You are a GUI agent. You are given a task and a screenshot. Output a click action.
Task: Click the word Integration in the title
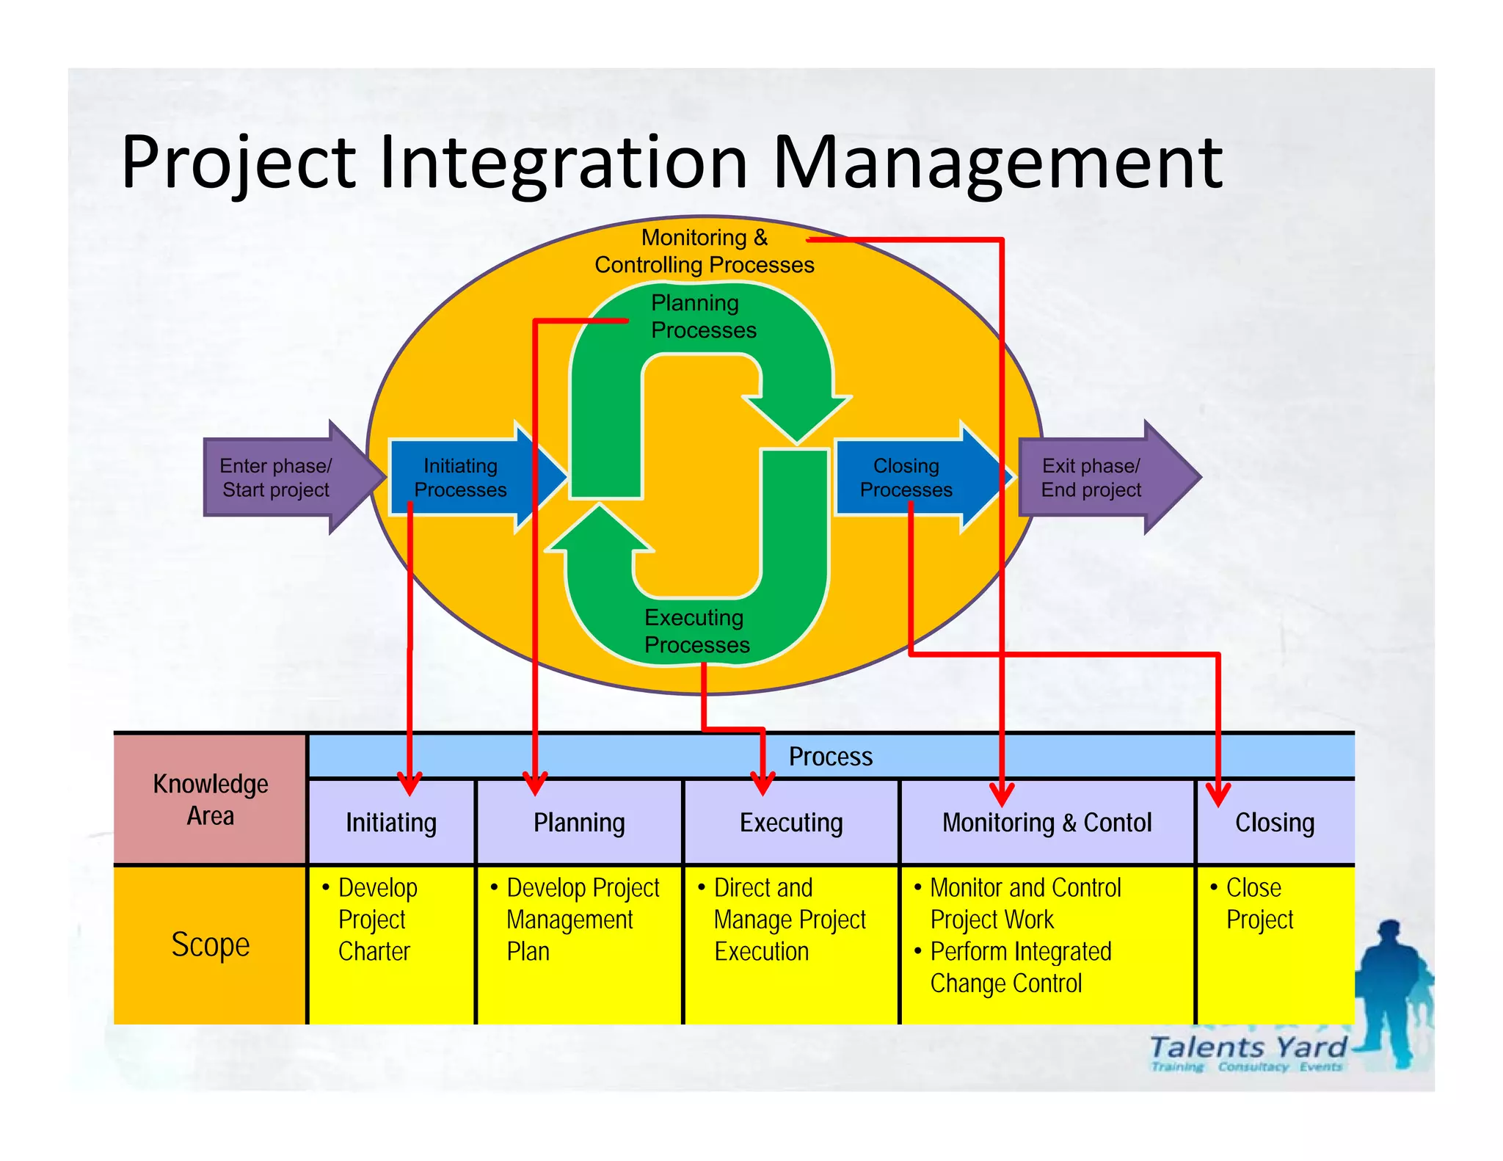[x=564, y=163]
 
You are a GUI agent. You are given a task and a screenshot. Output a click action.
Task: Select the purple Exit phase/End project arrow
[x=1101, y=477]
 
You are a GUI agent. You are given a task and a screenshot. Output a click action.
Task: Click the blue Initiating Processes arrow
[x=461, y=478]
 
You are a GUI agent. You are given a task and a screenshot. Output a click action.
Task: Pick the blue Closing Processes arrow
[x=906, y=478]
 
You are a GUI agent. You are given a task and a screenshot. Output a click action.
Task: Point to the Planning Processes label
[x=702, y=316]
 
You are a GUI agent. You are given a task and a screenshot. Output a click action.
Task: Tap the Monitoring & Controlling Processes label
[x=704, y=251]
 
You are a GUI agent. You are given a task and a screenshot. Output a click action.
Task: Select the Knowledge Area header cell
[x=211, y=799]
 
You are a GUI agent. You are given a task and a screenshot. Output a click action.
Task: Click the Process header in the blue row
[x=830, y=757]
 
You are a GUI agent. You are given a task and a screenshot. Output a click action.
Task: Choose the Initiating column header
[x=391, y=823]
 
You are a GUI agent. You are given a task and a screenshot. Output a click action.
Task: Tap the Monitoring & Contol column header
[x=1047, y=823]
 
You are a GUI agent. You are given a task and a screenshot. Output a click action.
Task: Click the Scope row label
[x=211, y=945]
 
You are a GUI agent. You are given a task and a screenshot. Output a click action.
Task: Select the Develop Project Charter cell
[x=377, y=920]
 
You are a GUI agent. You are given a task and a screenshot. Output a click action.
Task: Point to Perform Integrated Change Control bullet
[x=1020, y=967]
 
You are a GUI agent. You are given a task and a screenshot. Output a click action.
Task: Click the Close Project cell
[x=1259, y=903]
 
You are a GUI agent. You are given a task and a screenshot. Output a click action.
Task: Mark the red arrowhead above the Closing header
[x=1218, y=795]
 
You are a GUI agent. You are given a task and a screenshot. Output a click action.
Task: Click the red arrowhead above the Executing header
[x=763, y=784]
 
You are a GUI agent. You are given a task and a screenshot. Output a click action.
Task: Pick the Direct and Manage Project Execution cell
[x=789, y=920]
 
